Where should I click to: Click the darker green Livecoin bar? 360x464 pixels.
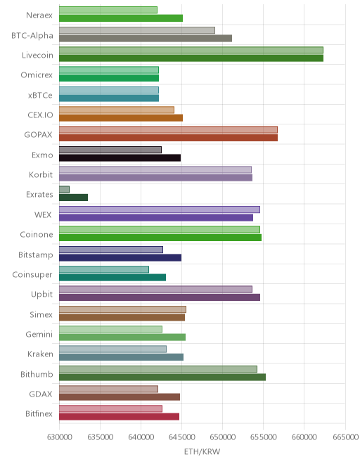tap(191, 58)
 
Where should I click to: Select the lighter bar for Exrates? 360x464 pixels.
tap(64, 189)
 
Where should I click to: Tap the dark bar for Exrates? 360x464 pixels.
tap(73, 198)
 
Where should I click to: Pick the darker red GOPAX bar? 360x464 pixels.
tap(168, 138)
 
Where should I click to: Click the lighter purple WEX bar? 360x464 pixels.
tap(160, 210)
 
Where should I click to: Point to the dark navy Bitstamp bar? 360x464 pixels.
tap(120, 257)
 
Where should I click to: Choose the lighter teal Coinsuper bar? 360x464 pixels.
tap(104, 269)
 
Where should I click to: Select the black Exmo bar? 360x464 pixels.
tap(120, 157)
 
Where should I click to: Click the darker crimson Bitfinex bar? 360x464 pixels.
tap(119, 417)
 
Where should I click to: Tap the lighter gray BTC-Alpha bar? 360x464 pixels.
tap(137, 30)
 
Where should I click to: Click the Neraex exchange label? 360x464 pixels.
tap(39, 15)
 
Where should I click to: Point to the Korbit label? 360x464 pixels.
tap(41, 174)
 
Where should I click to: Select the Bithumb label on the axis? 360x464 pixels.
tap(37, 374)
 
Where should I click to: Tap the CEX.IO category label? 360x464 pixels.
tap(40, 115)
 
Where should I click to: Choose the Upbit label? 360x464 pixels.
tap(41, 295)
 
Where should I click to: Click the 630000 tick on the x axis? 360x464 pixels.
tap(60, 437)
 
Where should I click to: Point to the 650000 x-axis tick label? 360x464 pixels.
tap(223, 437)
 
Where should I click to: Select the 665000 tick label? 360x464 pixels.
tap(345, 437)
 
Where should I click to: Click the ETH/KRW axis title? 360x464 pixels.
tap(202, 451)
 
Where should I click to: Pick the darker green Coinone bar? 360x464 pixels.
tap(160, 238)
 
